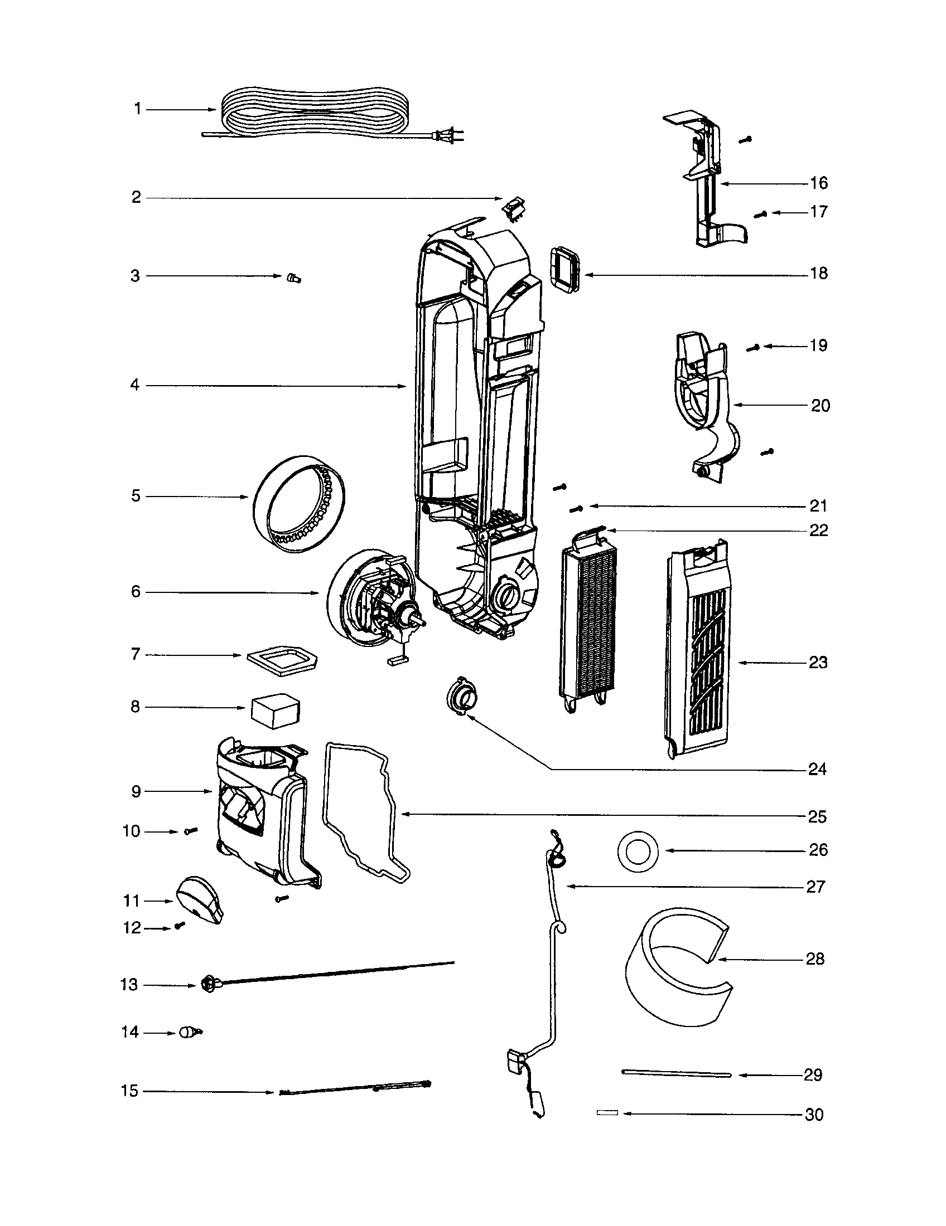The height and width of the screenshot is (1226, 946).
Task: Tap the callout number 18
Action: (818, 274)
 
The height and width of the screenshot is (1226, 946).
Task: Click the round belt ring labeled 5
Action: (298, 495)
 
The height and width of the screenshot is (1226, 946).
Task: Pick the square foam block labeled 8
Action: (276, 711)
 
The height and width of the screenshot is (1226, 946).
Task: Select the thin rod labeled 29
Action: (676, 1074)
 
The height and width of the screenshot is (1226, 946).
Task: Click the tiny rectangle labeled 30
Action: (607, 1112)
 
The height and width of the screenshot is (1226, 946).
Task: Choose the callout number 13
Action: (129, 985)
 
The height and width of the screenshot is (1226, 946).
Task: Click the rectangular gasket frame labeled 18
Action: (565, 271)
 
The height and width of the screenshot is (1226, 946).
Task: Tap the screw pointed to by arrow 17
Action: (760, 214)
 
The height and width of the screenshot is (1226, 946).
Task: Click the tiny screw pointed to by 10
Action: (190, 831)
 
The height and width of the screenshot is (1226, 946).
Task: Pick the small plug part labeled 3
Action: (293, 278)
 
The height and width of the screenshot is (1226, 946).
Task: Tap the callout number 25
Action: (817, 816)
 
